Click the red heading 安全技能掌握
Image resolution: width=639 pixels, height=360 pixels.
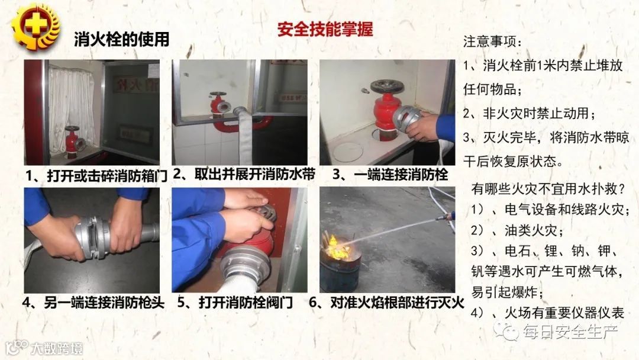point(325,30)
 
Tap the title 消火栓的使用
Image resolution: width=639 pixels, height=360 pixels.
point(121,40)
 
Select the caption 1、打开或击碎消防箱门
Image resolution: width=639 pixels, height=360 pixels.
point(96,176)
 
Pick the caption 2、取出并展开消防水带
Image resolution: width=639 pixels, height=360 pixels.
point(244,175)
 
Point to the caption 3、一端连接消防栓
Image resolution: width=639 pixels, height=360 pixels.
point(390,175)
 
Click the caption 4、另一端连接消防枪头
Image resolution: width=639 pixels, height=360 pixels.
point(93,303)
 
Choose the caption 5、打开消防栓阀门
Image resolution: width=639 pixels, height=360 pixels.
point(235,303)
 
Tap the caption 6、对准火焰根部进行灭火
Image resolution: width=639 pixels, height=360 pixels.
point(386,303)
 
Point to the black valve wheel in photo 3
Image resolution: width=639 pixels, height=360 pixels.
point(387,86)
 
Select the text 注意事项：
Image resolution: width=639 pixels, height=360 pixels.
point(492,41)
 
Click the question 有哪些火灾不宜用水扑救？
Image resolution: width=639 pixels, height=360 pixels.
point(548,189)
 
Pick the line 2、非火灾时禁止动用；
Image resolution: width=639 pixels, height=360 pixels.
point(530,113)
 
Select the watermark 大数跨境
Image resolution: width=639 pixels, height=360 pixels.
point(56,349)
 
